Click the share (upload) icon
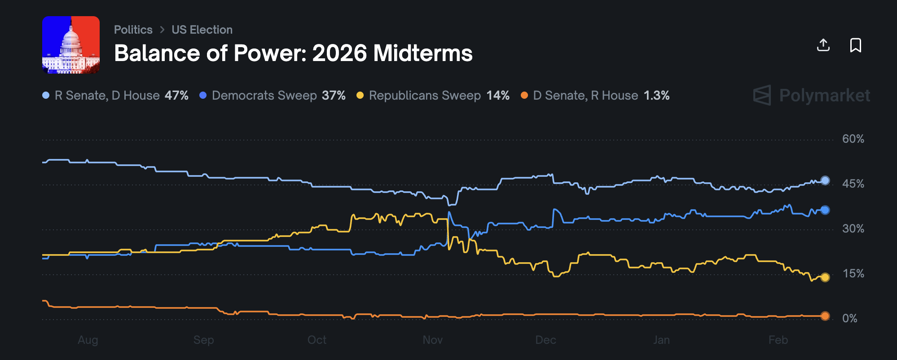[x=823, y=45]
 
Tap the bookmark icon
[x=855, y=45]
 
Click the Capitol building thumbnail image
[x=71, y=45]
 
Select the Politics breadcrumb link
[x=133, y=30]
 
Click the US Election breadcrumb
[x=202, y=30]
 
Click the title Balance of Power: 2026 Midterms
[x=293, y=53]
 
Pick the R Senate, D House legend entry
[x=115, y=95]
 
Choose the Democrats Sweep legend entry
[x=272, y=95]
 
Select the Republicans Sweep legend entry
[x=432, y=95]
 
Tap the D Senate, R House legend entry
[x=594, y=95]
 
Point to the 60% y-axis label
[x=853, y=139]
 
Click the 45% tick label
[x=853, y=184]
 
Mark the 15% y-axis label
[x=853, y=273]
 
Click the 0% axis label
[x=849, y=318]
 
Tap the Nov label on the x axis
[x=432, y=340]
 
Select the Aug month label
[x=88, y=340]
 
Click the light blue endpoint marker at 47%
[x=825, y=180]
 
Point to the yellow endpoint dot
[x=825, y=277]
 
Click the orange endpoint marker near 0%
[x=825, y=316]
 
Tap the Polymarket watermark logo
[x=811, y=95]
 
